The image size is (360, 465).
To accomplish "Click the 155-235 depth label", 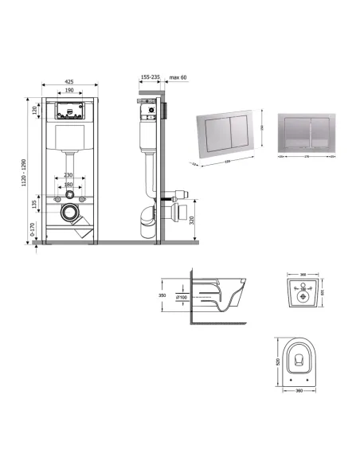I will [149, 78].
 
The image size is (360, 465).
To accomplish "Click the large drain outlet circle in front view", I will [70, 214].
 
